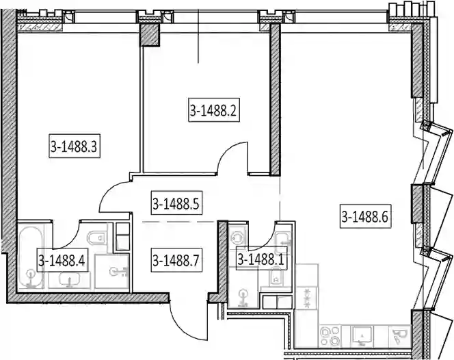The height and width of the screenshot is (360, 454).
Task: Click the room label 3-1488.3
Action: (x=75, y=146)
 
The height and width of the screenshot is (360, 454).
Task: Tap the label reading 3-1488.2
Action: (x=214, y=110)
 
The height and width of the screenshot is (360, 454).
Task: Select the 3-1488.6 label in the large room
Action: (x=365, y=216)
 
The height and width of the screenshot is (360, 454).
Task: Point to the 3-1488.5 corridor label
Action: (x=176, y=203)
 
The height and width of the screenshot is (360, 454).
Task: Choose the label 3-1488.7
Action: (x=176, y=260)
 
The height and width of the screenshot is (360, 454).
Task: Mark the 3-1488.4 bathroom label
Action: (x=62, y=260)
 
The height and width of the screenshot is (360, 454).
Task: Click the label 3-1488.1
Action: (x=261, y=259)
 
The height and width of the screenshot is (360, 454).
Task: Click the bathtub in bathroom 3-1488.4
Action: (x=31, y=257)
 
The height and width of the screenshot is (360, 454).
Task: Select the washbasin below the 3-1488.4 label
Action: (x=69, y=280)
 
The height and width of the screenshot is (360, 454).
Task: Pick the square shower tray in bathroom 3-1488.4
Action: (x=112, y=272)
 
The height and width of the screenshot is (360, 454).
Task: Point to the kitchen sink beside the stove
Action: (x=362, y=336)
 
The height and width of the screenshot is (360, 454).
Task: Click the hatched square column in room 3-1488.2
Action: (x=150, y=34)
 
